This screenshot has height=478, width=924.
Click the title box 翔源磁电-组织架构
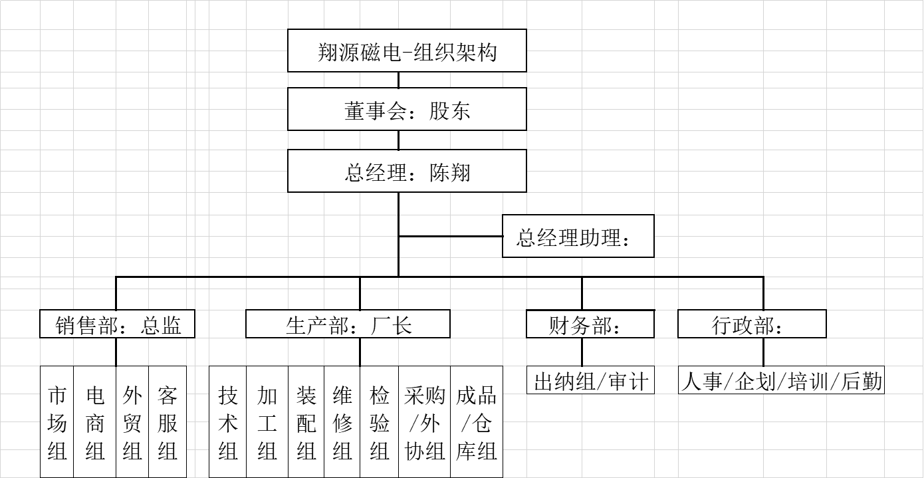pos(407,51)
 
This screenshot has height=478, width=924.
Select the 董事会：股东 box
pos(407,110)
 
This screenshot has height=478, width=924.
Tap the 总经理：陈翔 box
pos(407,171)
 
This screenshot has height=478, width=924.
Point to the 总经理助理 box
pos(578,236)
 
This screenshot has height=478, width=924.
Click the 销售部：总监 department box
pos(117,324)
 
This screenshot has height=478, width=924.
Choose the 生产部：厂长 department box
pos(348,324)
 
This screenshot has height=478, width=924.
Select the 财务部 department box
pos(590,324)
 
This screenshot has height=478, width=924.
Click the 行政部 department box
pos(752,324)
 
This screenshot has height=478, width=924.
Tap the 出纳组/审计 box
pos(590,380)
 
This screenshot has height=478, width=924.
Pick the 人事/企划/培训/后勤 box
pos(781,380)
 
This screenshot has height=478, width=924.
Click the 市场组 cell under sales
pos(57,423)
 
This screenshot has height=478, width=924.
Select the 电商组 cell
pos(95,423)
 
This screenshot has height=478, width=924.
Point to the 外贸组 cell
pos(132,423)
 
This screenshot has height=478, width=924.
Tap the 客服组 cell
pos(168,423)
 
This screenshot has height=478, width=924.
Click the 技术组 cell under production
pos(228,423)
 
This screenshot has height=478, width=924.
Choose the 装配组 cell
pos(306,423)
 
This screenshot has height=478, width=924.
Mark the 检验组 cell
pos(379,423)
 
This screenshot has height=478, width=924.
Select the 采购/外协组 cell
pos(424,423)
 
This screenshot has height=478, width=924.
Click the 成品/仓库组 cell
pos(476,423)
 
